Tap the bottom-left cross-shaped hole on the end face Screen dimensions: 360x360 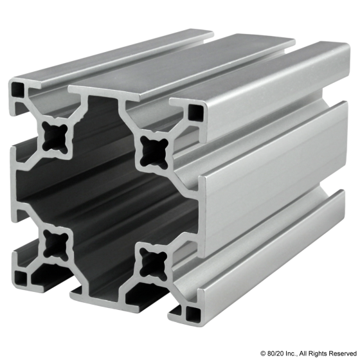coord(52,242)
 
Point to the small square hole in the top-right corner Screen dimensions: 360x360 coord(194,114)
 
